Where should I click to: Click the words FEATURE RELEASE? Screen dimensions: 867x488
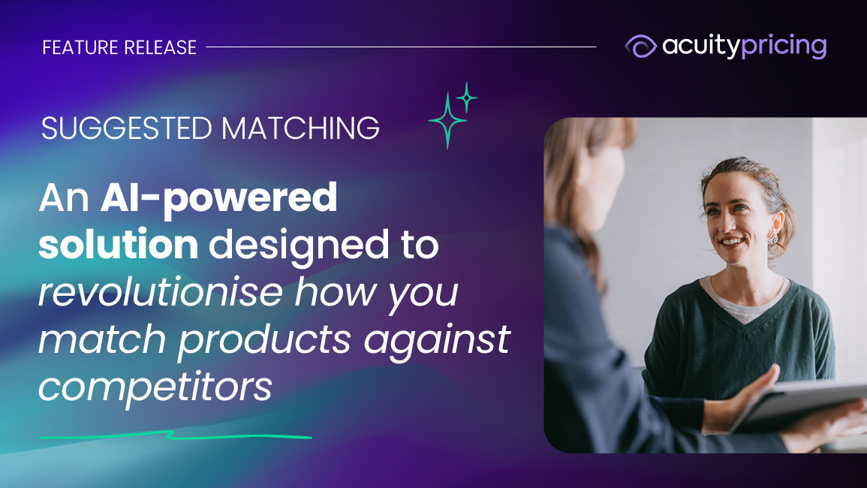tap(119, 47)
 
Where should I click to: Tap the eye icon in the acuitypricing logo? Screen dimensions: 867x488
tap(640, 46)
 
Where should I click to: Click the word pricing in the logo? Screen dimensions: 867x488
tap(784, 47)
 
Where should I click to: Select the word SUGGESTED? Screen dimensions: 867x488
tap(127, 128)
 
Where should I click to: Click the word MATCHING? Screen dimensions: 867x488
tap(300, 128)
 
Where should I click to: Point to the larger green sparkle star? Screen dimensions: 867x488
tap(447, 120)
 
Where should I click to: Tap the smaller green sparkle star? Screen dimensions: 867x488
tap(467, 98)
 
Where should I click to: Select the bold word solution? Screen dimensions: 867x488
tap(119, 245)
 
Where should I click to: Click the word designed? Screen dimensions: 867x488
tap(299, 246)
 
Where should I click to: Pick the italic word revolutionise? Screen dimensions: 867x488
tap(161, 291)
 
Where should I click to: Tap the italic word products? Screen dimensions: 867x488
tap(264, 339)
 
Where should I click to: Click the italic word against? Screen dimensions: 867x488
tap(437, 339)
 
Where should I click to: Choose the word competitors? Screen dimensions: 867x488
tap(155, 387)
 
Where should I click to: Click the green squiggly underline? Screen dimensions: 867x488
tap(176, 436)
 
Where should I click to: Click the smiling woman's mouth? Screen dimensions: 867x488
tap(732, 242)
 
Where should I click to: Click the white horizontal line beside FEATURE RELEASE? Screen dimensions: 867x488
tap(401, 47)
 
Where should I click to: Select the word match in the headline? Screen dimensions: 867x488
tap(102, 339)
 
